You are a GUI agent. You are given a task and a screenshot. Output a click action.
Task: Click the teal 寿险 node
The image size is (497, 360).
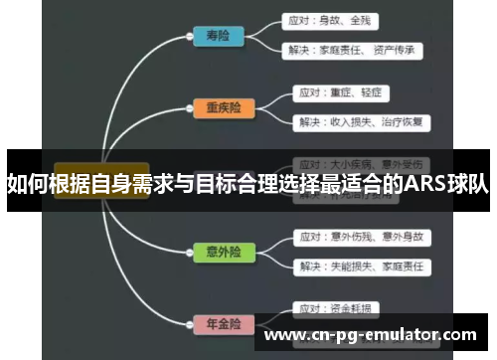coord(218,36)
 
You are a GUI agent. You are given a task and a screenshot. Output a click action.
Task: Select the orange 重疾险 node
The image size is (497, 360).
coord(222,108)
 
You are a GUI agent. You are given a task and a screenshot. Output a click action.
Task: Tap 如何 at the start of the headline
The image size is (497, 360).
coord(25,183)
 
